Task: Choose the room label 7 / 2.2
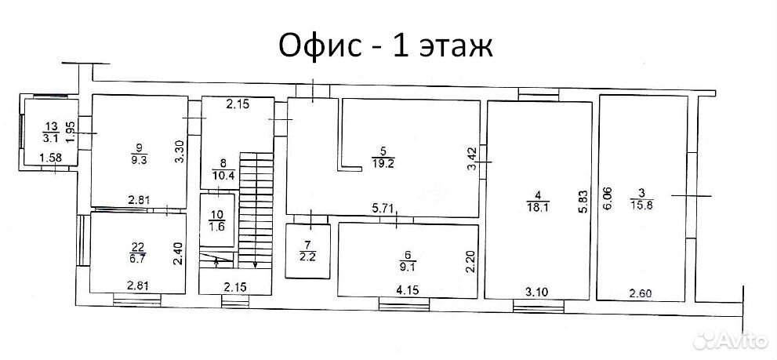(307, 250)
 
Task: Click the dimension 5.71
(384, 210)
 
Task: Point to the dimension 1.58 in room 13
(50, 158)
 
